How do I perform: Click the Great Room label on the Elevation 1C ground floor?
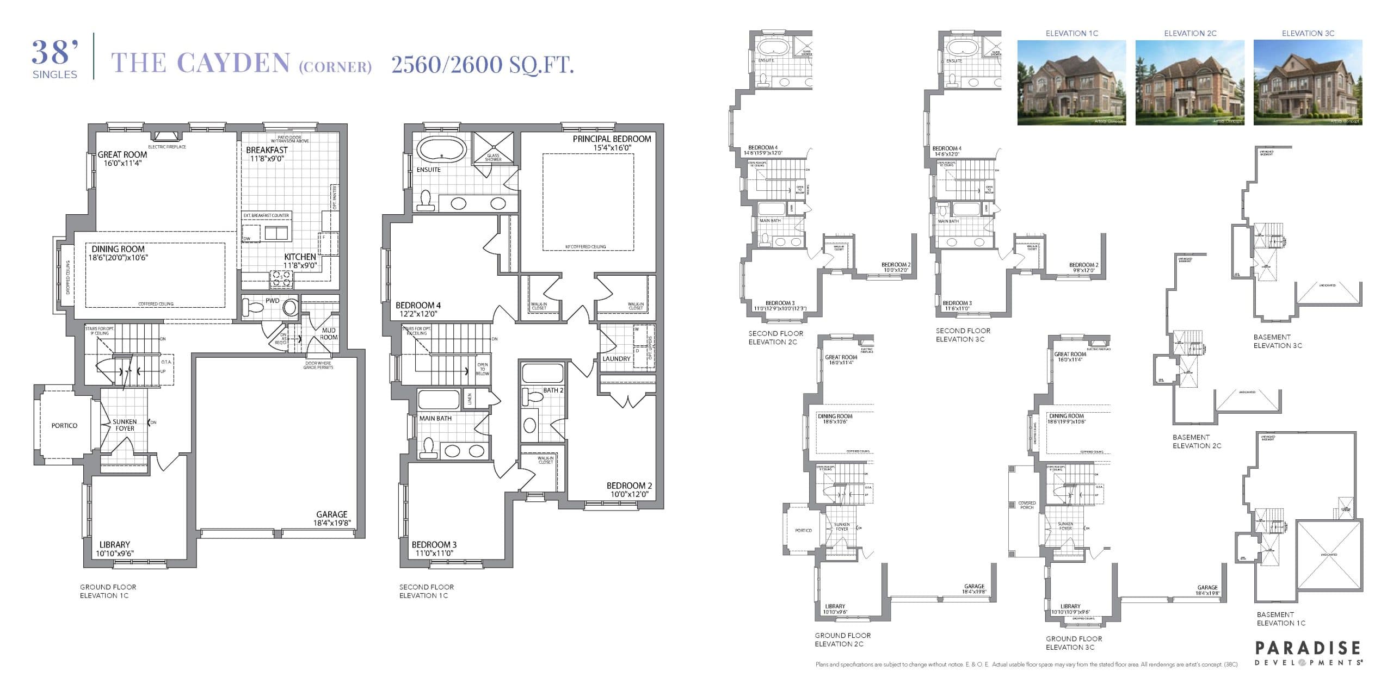[x=122, y=155]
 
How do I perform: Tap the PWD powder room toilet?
[x=254, y=307]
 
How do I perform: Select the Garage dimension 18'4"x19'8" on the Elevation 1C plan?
[x=332, y=523]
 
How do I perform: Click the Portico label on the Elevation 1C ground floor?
[x=64, y=426]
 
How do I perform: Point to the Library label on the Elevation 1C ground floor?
[x=115, y=545]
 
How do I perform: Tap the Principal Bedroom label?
[x=612, y=139]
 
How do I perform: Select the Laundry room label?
[x=617, y=359]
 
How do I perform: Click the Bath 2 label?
[x=553, y=390]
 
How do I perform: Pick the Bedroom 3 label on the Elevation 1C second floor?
[x=434, y=545]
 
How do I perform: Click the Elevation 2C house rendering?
[x=1189, y=83]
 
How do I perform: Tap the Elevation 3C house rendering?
[x=1308, y=83]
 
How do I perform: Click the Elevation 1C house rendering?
[x=1071, y=83]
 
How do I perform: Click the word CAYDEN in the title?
[x=234, y=64]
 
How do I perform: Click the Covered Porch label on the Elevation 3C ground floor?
[x=1027, y=505]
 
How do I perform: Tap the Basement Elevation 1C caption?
[x=1280, y=619]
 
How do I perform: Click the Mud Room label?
[x=329, y=334]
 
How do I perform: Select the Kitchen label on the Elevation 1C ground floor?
[x=300, y=257]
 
